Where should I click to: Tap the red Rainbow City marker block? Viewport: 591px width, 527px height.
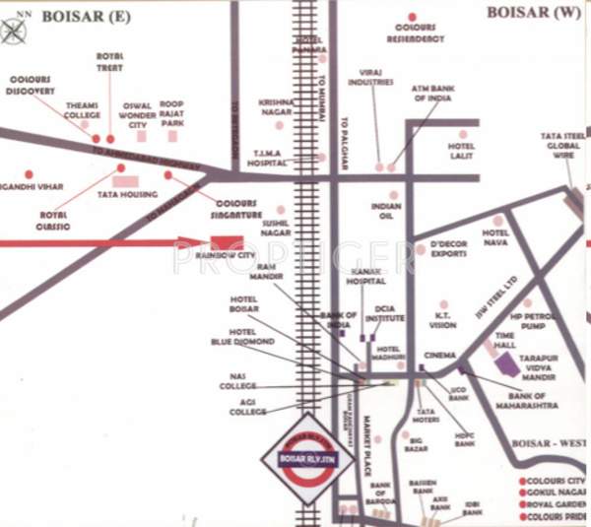(x=227, y=242)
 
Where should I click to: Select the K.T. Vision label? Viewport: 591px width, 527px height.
(x=443, y=320)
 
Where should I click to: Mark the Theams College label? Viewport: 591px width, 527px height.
(x=83, y=109)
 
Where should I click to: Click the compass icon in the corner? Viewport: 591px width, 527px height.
(x=14, y=30)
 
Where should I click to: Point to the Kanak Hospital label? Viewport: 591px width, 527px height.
(x=365, y=277)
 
